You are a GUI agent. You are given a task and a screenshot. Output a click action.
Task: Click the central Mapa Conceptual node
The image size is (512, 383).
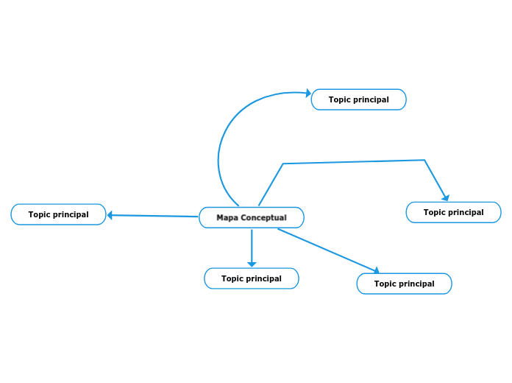pyautogui.click(x=251, y=218)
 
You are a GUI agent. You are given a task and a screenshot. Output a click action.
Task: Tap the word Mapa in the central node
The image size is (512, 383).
pyautogui.click(x=227, y=218)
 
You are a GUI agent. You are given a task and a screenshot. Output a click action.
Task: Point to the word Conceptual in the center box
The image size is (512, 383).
pyautogui.click(x=263, y=218)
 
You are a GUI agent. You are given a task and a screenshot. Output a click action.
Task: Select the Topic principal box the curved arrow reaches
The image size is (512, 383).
pyautogui.click(x=358, y=99)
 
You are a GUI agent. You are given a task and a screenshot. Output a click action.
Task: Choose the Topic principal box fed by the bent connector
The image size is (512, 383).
pyautogui.click(x=453, y=212)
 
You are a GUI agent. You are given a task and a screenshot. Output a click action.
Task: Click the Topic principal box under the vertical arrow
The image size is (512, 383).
pyautogui.click(x=251, y=278)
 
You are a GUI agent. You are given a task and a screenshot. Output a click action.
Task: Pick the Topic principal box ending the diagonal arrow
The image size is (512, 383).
pyautogui.click(x=404, y=284)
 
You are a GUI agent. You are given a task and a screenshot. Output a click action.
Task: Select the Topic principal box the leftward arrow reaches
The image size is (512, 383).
pyautogui.click(x=58, y=214)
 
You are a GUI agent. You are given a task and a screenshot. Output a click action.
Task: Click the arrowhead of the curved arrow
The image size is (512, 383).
pyautogui.click(x=307, y=93)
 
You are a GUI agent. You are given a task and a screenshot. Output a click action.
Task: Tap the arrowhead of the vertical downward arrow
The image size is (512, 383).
pyautogui.click(x=252, y=264)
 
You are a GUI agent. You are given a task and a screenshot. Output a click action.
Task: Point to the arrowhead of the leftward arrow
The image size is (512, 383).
pyautogui.click(x=110, y=215)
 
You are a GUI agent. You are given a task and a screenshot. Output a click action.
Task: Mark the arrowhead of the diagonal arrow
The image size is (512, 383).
pyautogui.click(x=376, y=271)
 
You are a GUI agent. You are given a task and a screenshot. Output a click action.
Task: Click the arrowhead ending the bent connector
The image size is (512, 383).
pyautogui.click(x=445, y=197)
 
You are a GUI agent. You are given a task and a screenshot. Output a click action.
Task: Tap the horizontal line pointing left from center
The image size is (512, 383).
pyautogui.click(x=154, y=216)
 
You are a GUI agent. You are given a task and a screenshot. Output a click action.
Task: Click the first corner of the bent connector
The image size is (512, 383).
pyautogui.click(x=283, y=164)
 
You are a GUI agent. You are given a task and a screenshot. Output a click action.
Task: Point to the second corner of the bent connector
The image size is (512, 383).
pyautogui.click(x=424, y=160)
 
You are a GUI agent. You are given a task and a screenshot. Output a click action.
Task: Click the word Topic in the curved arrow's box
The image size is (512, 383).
pyautogui.click(x=340, y=99)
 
